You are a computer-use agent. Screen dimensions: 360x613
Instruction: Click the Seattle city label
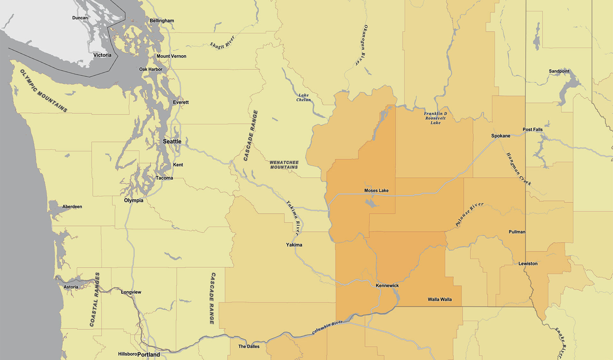pos(172,141)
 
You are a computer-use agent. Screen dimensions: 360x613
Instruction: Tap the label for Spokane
pos(500,136)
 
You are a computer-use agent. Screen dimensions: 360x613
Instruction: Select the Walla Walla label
pos(440,299)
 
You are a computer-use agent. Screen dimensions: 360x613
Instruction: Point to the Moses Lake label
pos(376,191)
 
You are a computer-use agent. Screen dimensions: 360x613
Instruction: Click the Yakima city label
pos(294,245)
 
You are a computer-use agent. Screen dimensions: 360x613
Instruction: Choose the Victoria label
pos(102,55)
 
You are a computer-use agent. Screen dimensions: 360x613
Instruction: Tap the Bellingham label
pos(162,21)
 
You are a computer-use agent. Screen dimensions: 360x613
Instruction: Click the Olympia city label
pos(133,200)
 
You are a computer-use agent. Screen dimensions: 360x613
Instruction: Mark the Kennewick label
pos(387,286)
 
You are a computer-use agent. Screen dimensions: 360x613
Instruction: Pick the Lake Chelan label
pos(303,98)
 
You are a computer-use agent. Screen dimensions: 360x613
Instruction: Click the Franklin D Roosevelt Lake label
pos(435,118)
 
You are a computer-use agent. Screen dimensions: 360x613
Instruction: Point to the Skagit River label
pos(222,42)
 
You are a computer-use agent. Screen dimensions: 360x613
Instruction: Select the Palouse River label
pos(469,214)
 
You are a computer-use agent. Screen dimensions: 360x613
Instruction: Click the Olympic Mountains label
pos(44,91)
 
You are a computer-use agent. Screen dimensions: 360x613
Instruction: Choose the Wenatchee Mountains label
pos(284,165)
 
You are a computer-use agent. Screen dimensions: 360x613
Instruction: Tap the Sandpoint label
pos(559,71)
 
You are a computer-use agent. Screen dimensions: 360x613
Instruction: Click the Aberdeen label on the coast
pos(72,207)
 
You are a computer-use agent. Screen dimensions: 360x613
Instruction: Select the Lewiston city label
pos(527,264)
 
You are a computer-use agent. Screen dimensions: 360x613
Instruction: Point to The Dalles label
pos(249,347)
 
